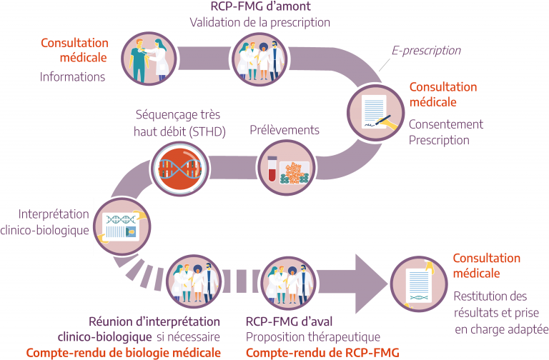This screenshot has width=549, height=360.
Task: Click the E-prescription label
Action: tap(425, 51)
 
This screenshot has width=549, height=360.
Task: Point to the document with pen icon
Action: tap(375, 111)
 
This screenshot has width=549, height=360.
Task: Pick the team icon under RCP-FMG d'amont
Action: tap(259, 59)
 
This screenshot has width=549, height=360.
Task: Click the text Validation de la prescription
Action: tap(259, 22)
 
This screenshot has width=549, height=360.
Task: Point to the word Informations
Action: tap(72, 76)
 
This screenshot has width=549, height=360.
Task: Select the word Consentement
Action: tap(446, 124)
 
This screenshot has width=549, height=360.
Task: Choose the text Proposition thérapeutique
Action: tap(313, 336)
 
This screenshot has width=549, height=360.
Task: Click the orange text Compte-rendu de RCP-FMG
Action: tap(322, 352)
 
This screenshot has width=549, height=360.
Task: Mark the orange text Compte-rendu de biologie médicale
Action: tap(124, 352)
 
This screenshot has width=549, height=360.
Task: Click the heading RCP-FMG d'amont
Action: tap(259, 6)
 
